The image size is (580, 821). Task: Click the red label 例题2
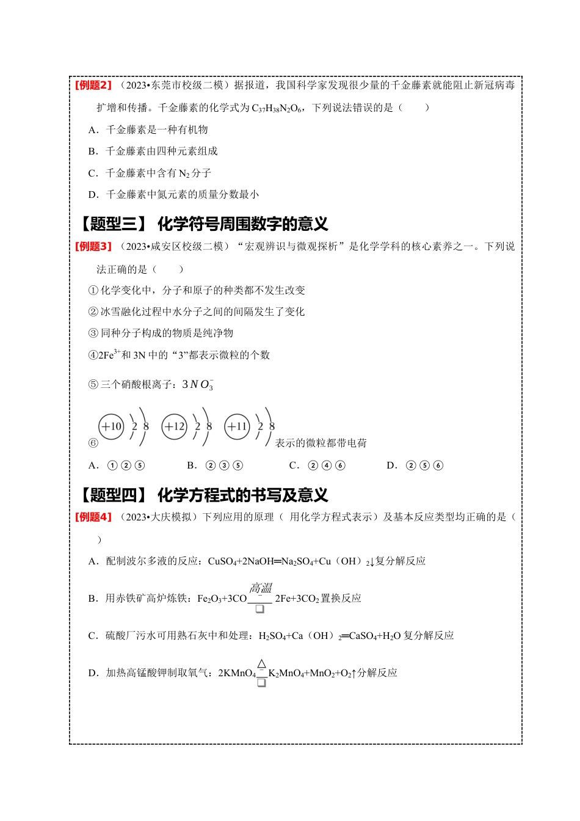[93, 86]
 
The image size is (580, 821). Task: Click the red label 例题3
[93, 247]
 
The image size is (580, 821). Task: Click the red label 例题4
[93, 517]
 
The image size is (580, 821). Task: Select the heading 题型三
[114, 224]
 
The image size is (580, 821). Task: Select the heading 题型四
[114, 495]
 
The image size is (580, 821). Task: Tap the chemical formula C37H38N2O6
[277, 108]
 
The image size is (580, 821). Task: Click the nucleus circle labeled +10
[111, 426]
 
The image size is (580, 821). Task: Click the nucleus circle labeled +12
[175, 426]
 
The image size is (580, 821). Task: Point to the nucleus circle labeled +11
[237, 426]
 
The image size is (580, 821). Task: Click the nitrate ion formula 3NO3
[198, 385]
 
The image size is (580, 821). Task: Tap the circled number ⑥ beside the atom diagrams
[93, 443]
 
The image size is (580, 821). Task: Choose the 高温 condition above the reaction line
[261, 588]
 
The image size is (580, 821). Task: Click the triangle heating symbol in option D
[261, 664]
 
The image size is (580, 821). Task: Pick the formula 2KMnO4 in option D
[237, 674]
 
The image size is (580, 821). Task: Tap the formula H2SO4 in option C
[272, 636]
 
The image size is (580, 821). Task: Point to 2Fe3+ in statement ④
[110, 355]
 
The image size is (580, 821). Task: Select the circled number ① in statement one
[93, 291]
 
